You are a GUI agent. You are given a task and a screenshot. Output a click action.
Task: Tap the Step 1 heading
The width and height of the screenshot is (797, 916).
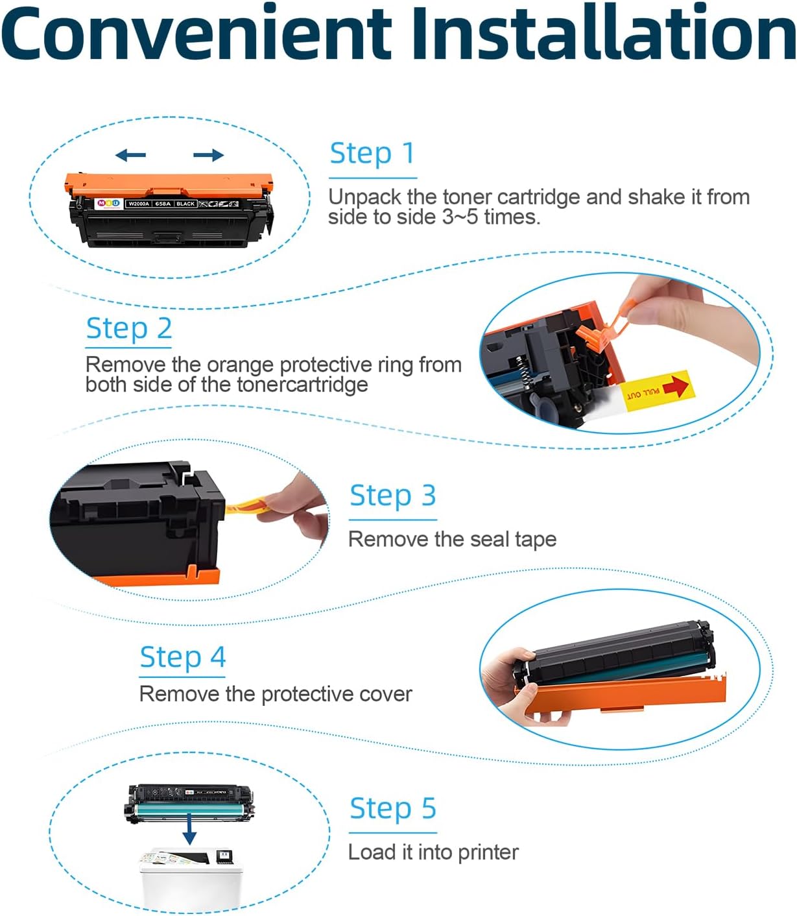372,154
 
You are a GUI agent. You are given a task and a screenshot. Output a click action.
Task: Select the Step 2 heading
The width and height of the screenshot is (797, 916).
129,328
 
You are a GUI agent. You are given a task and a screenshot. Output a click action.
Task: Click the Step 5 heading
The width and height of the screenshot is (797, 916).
392,808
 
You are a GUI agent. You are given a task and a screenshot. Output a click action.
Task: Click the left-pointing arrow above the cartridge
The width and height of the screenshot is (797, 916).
130,155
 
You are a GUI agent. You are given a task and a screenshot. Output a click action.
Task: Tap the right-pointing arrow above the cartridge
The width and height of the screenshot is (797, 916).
209,155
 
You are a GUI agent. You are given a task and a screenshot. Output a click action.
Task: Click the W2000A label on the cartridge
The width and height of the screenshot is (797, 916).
139,204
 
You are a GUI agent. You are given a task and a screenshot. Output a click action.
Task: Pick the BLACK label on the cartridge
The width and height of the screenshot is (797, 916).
185,204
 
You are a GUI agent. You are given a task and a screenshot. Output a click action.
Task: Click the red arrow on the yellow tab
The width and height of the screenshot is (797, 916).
676,386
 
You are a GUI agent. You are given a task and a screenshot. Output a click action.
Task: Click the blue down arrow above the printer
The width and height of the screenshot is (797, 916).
189,829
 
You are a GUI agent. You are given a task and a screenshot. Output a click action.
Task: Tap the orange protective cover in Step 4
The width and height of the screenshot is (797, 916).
622,694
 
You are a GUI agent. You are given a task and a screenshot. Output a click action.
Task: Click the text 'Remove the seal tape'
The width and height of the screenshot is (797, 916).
452,540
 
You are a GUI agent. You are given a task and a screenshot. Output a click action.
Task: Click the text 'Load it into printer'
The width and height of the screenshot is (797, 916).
433,852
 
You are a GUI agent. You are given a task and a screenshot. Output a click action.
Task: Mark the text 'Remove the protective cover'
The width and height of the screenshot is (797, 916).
276,694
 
